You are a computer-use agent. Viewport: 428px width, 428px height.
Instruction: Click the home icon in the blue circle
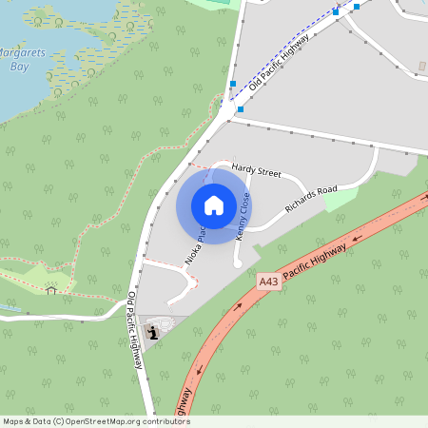click(214, 204)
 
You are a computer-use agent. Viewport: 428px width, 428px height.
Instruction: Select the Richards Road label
click(313, 200)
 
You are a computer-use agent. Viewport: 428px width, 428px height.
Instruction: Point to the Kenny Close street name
click(244, 215)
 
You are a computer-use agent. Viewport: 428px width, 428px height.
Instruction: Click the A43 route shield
click(269, 282)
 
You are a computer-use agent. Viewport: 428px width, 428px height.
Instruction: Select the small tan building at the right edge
click(422, 66)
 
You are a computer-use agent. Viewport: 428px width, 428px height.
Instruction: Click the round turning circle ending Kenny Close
click(239, 263)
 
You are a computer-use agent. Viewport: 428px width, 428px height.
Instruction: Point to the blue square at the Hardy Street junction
click(240, 109)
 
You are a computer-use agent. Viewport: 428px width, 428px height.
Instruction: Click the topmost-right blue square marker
click(357, 7)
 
